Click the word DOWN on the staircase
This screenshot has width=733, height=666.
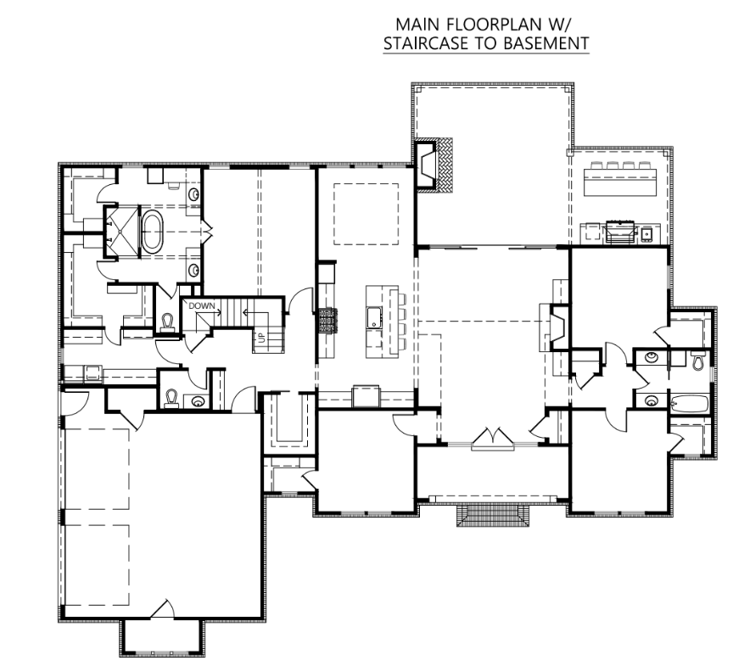202,306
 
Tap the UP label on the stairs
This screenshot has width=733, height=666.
261,337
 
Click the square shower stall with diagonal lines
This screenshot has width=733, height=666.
121,232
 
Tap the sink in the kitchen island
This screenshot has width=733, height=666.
374,318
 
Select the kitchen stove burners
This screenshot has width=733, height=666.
328,321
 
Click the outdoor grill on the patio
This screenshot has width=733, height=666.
621,232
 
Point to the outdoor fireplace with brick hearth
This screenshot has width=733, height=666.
434,165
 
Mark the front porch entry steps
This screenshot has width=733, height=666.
493,515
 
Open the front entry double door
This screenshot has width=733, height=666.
493,439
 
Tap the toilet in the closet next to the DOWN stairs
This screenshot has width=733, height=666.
167,322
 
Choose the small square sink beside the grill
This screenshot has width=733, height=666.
647,233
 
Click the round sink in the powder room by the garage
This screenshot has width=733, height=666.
199,401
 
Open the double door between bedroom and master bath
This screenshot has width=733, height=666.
207,231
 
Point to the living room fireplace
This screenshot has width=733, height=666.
558,327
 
